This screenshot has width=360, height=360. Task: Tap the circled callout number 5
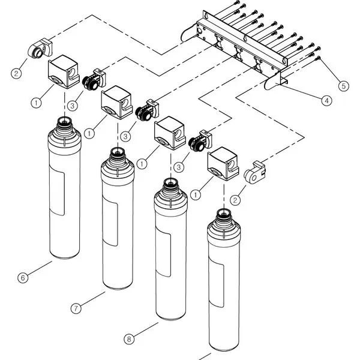point(343,86)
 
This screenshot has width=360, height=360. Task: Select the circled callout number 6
point(22,277)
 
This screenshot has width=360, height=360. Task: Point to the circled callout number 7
point(76,308)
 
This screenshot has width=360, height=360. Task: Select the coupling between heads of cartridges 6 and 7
point(94,80)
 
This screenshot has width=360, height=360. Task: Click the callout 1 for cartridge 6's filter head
point(37,103)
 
